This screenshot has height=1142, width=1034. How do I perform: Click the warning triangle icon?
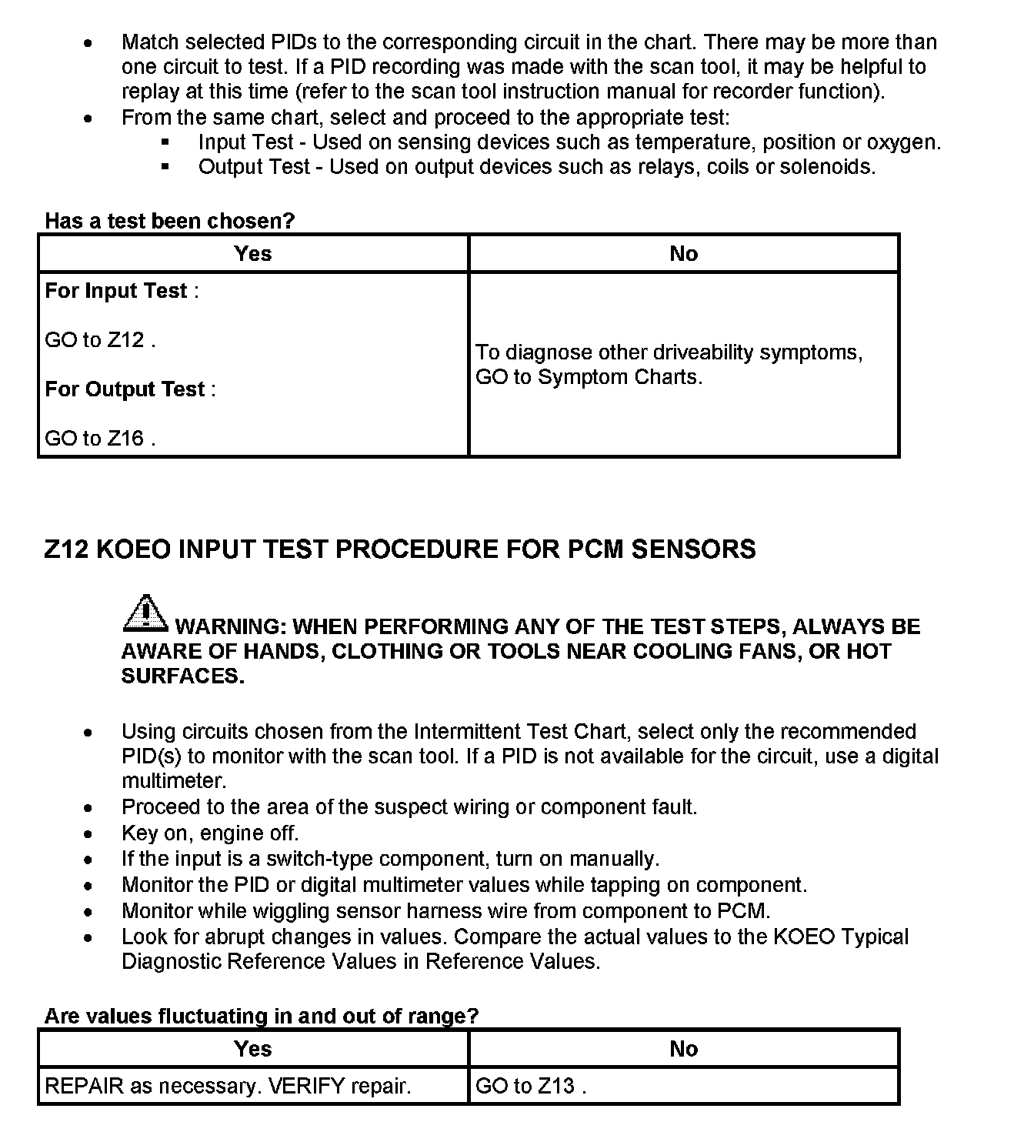tap(145, 614)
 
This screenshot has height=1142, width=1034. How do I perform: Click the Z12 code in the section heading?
tap(65, 549)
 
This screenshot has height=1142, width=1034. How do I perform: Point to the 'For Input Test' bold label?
tap(116, 291)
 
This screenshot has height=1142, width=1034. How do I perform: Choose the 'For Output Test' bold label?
tap(125, 389)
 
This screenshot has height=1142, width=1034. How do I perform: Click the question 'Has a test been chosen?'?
tap(169, 221)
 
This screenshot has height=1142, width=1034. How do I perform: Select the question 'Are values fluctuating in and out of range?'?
tap(261, 1016)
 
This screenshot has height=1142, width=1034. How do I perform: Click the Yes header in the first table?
tap(253, 254)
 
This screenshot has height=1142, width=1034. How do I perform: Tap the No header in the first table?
tap(683, 254)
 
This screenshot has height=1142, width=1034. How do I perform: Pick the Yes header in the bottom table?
tap(253, 1049)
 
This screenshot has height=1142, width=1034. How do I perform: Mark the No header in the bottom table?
tap(683, 1049)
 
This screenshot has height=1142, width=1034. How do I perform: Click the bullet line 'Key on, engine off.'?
tap(210, 833)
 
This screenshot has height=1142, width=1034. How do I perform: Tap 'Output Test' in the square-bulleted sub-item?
tap(254, 167)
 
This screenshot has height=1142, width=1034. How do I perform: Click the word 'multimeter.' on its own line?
tap(174, 781)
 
